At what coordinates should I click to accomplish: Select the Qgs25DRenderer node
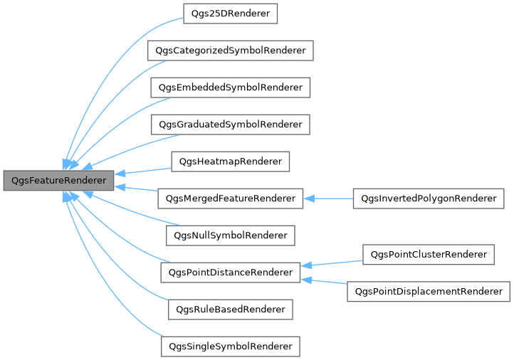(x=230, y=14)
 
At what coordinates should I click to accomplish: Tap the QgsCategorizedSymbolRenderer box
(x=230, y=51)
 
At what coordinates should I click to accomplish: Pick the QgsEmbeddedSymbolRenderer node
(x=230, y=88)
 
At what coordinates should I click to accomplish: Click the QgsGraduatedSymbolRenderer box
(x=230, y=125)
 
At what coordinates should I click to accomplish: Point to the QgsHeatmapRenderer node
(x=230, y=162)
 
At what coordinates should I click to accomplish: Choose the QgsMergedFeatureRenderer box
(x=230, y=198)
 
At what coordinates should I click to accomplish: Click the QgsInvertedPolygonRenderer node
(x=429, y=198)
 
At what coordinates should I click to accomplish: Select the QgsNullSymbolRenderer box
(x=230, y=235)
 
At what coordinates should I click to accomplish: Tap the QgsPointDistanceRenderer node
(x=230, y=272)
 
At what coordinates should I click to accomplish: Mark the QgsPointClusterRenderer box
(x=429, y=254)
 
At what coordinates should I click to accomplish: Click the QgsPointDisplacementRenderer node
(x=429, y=291)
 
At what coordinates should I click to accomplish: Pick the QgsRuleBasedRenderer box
(x=230, y=309)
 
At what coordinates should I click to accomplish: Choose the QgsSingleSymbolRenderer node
(x=230, y=346)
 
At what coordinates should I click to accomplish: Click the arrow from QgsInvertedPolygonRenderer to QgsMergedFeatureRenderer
(x=328, y=198)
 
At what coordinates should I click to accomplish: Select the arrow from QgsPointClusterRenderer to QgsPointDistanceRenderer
(x=332, y=263)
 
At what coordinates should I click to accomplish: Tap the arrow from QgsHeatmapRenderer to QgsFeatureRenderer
(x=142, y=171)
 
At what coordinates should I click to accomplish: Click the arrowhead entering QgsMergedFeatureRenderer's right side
(x=308, y=198)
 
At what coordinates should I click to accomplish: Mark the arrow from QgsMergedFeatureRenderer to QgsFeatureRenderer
(x=137, y=189)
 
